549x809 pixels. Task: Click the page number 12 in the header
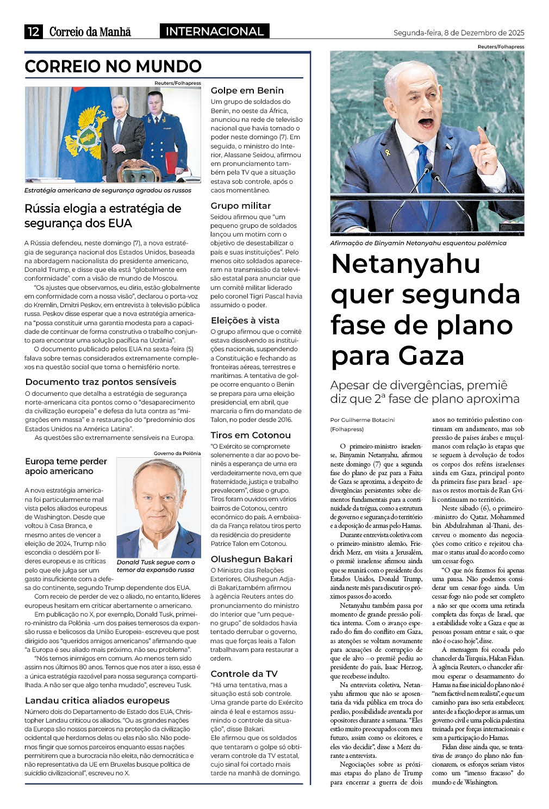pyautogui.click(x=33, y=32)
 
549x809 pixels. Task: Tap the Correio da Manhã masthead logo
pyautogui.click(x=90, y=32)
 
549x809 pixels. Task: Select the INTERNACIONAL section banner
pyautogui.click(x=214, y=32)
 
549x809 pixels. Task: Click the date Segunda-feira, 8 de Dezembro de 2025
pyautogui.click(x=459, y=33)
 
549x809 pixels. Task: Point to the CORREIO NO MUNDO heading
pyautogui.click(x=113, y=66)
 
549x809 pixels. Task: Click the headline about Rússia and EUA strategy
pyautogui.click(x=103, y=216)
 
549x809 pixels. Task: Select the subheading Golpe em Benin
pyautogui.click(x=247, y=90)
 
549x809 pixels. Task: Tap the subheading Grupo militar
pyautogui.click(x=240, y=206)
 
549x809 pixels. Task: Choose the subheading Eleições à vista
pyautogui.click(x=245, y=320)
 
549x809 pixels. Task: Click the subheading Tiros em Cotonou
pyautogui.click(x=250, y=435)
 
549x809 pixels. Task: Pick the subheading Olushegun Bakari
pyautogui.click(x=251, y=559)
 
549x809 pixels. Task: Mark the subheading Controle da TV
pyautogui.click(x=244, y=674)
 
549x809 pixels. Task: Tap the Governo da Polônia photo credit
pyautogui.click(x=177, y=453)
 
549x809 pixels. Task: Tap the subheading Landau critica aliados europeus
pyautogui.click(x=97, y=700)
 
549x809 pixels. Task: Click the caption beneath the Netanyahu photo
pyautogui.click(x=418, y=243)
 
